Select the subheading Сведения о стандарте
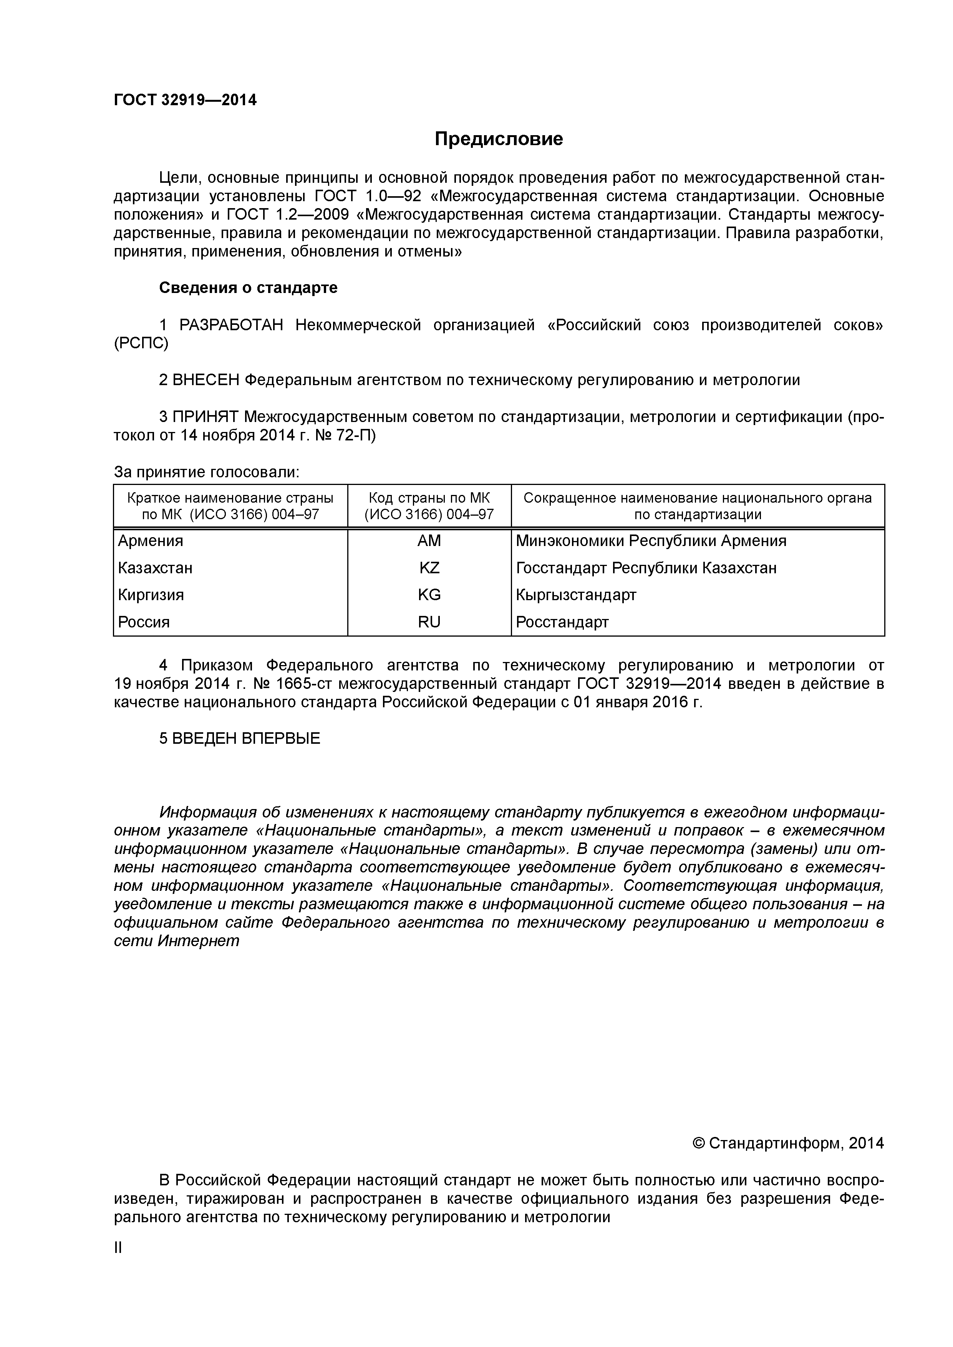tap(248, 288)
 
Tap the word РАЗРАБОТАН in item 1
tap(230, 325)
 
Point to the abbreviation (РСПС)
tap(141, 343)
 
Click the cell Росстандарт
tap(562, 622)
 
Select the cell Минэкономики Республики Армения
tap(651, 541)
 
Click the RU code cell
tap(429, 622)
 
